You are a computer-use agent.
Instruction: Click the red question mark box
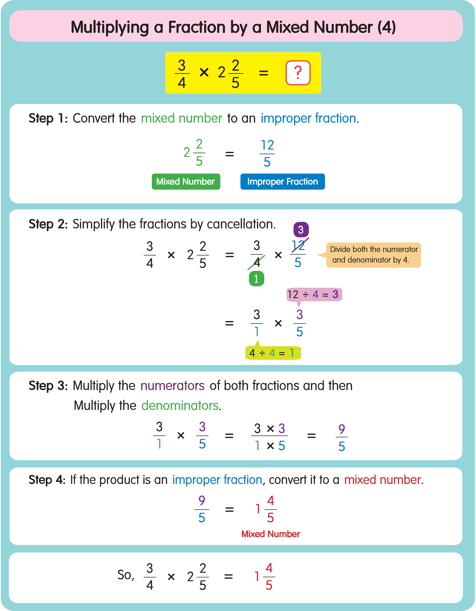click(x=298, y=73)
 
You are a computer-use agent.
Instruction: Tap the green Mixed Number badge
click(x=186, y=182)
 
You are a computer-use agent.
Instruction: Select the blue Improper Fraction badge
click(x=282, y=182)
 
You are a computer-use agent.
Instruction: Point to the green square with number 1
click(x=256, y=279)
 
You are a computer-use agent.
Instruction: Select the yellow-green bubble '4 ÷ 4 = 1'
click(x=273, y=353)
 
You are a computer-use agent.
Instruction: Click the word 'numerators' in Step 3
click(x=172, y=386)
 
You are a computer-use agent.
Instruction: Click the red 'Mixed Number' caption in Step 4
click(x=270, y=534)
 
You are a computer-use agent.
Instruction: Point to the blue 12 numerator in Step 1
click(x=267, y=145)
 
